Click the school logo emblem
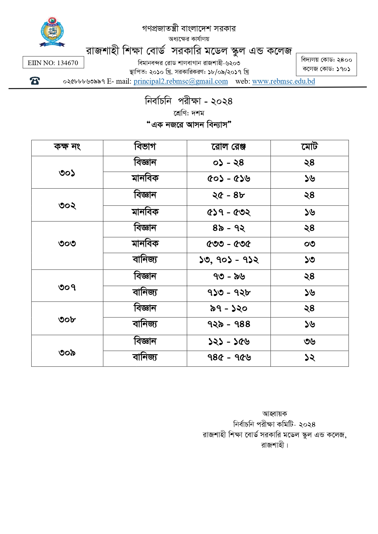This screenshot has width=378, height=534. (x=52, y=32)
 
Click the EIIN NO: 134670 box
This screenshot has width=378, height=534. (x=53, y=63)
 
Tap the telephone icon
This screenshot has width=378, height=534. (x=35, y=81)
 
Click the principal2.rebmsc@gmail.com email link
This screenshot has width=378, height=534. (x=181, y=81)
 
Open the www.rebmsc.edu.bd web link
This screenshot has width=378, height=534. (x=283, y=81)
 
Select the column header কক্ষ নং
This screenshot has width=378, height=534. (x=67, y=147)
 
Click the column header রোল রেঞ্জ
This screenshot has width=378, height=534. (x=228, y=147)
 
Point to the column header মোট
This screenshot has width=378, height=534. (x=309, y=147)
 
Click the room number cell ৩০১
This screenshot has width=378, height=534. (x=67, y=173)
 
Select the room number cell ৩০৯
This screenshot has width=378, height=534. (x=67, y=352)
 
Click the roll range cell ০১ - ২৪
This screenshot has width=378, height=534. (x=228, y=163)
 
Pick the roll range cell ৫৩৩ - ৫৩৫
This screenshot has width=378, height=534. (x=228, y=244)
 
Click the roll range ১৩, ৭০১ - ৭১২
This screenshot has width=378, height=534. (x=228, y=260)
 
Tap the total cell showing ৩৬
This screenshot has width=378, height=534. (x=309, y=342)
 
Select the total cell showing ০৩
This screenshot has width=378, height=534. (x=309, y=244)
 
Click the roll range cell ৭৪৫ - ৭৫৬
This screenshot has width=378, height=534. (x=228, y=358)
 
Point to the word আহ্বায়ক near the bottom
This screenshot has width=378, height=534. (x=274, y=414)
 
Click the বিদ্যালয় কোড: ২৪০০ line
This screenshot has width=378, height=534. (x=326, y=60)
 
